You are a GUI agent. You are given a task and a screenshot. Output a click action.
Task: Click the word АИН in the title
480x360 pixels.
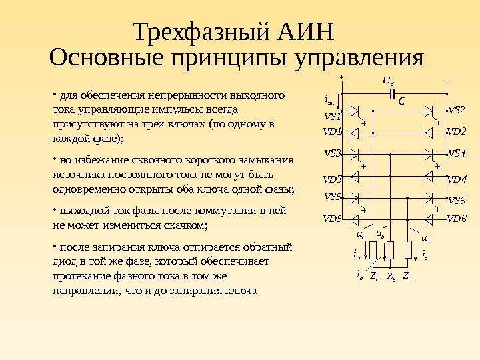click(304, 32)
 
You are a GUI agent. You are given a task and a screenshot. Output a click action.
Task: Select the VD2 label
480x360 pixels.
click(457, 132)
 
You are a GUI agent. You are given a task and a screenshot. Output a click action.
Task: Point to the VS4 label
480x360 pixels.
click(457, 154)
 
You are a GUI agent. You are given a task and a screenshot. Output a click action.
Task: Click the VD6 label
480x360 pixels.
click(457, 219)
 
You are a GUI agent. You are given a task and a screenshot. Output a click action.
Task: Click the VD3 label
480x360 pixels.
click(332, 179)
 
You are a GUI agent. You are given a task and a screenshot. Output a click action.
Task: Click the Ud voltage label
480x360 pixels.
click(388, 81)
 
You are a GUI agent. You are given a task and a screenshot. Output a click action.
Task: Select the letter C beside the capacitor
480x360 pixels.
click(401, 102)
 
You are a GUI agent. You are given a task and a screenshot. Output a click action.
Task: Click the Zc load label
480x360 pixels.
click(407, 275)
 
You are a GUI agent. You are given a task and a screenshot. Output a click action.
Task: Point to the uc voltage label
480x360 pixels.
click(425, 238)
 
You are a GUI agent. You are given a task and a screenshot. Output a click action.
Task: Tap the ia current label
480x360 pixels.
click(357, 254)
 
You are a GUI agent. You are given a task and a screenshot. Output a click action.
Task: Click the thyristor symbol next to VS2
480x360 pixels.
click(430, 110)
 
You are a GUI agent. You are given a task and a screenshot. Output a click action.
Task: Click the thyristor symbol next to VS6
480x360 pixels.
click(430, 198)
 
